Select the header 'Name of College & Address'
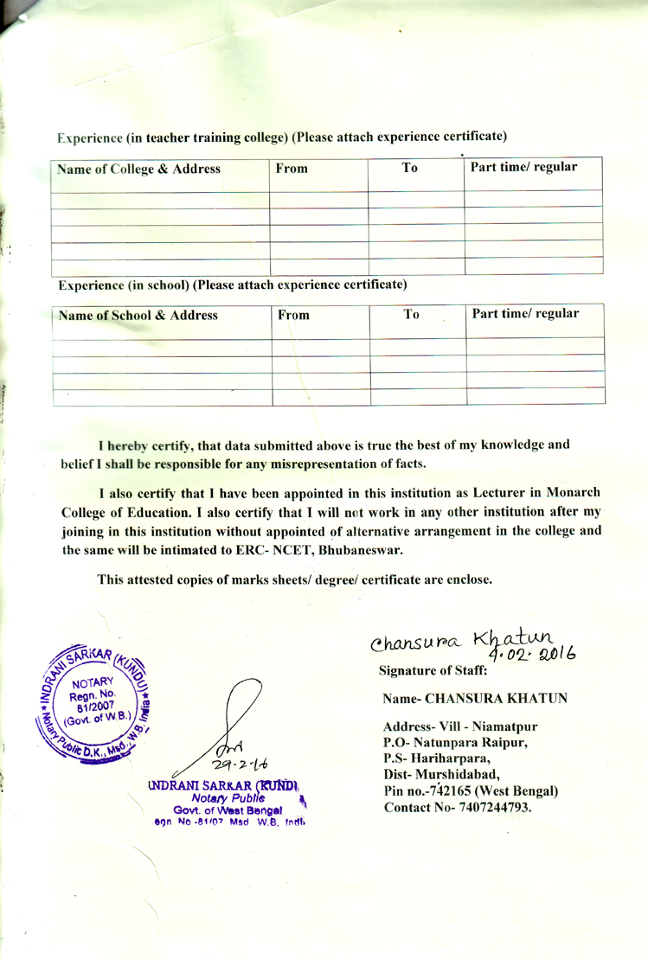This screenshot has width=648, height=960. click(x=138, y=170)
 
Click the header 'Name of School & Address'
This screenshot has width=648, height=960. click(x=138, y=316)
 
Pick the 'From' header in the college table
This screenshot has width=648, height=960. click(x=292, y=170)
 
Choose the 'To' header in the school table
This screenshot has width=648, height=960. click(x=412, y=315)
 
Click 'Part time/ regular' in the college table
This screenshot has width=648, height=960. click(x=523, y=166)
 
